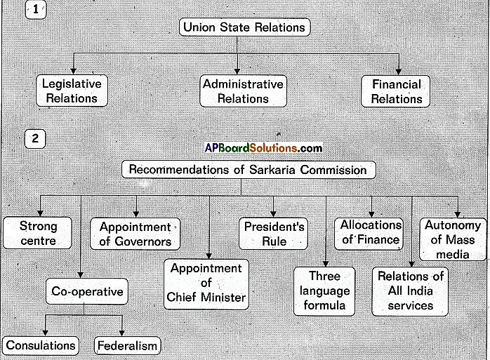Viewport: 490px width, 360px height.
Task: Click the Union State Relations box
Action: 244,28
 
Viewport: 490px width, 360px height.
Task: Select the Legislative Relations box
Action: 72,91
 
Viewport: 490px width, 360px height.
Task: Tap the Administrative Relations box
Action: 243,91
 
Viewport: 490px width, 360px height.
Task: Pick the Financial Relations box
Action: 397,91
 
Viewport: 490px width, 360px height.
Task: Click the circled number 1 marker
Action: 34,10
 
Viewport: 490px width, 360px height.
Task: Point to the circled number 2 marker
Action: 34,138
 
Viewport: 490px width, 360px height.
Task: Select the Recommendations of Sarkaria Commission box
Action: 249,170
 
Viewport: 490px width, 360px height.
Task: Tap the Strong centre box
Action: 38,234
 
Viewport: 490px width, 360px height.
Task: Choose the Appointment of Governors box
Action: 135,234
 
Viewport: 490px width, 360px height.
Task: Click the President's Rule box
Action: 274,234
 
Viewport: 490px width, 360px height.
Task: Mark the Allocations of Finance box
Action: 370,232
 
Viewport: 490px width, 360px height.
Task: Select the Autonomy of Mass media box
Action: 453,239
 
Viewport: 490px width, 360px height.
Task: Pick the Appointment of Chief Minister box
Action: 206,283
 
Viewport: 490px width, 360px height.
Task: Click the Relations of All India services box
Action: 411,291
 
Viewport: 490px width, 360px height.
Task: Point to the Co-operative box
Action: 87,291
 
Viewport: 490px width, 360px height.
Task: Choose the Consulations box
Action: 41,345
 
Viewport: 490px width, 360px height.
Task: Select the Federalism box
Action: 128,346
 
